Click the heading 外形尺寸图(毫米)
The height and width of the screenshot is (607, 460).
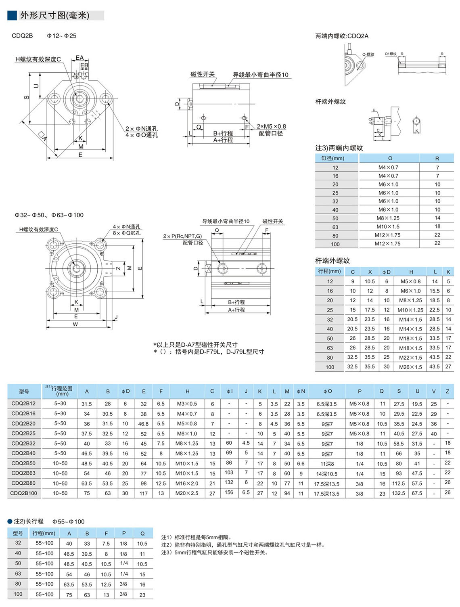54,15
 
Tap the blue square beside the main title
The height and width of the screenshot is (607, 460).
12,15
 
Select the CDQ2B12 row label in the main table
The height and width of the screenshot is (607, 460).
23,403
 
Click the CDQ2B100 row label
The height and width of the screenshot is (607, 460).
23,493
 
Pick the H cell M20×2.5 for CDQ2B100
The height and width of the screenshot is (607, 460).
187,493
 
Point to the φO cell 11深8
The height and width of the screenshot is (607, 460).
327,464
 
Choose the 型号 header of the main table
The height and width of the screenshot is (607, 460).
24,391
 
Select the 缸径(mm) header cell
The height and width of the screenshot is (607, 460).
332,158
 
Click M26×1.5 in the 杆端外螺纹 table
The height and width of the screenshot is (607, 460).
410,367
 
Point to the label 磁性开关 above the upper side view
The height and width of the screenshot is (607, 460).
203,74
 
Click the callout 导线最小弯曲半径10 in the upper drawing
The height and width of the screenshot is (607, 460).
260,75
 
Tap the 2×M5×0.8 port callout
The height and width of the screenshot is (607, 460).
271,126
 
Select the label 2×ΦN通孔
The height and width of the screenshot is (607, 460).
141,129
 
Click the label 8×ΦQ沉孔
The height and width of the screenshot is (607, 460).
127,233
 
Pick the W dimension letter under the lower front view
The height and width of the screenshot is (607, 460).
75,324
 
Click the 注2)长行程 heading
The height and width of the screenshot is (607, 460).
29,521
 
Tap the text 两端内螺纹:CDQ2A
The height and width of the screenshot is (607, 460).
342,36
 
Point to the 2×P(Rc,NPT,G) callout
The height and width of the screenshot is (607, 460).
182,236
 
